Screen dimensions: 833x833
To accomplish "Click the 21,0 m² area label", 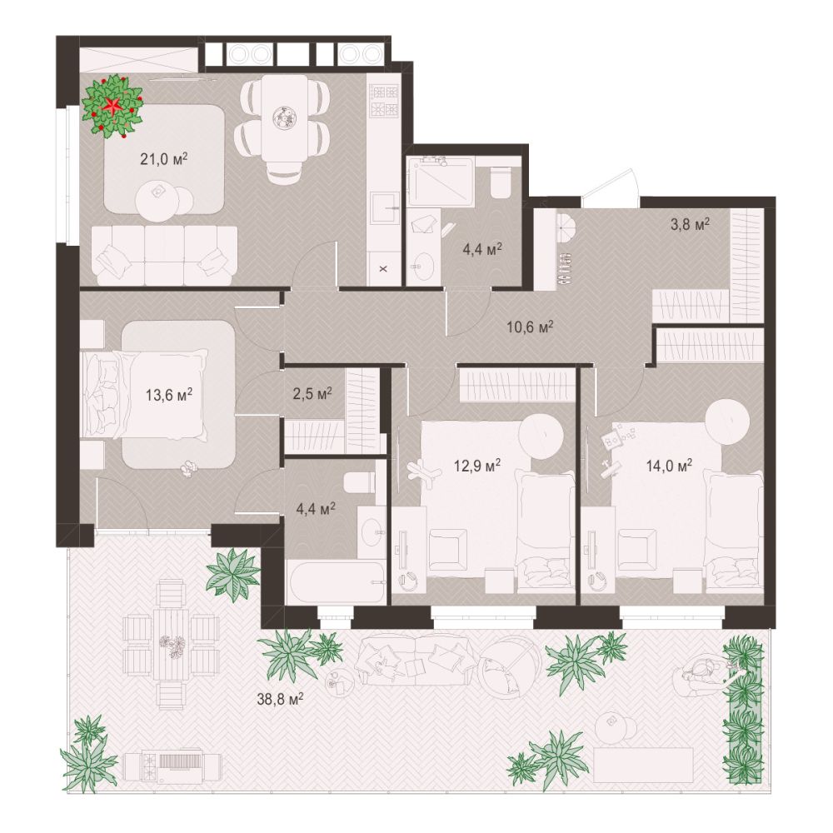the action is point(165,158).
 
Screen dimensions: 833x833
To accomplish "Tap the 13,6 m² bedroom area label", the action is point(169,394).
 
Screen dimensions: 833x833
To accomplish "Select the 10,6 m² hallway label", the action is point(530,326).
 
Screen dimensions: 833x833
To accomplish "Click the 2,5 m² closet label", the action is point(312,394).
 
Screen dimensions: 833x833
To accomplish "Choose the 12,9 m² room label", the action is point(477,466).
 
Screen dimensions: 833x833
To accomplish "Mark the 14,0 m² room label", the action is point(669,466).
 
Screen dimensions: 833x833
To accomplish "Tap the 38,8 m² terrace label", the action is point(280,699).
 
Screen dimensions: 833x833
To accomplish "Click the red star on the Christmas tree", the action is point(112,105).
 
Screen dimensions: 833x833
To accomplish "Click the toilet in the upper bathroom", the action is point(501,182).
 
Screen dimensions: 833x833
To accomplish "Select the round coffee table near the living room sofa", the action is point(157,202).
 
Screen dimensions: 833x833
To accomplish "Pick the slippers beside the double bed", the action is point(188,468).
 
